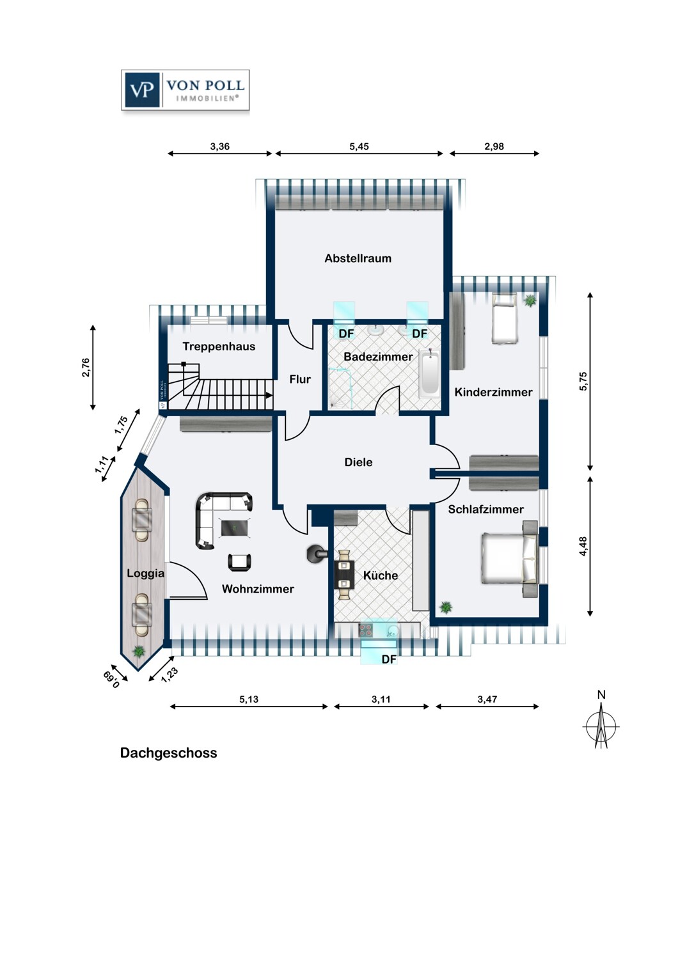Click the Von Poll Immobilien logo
[x=185, y=90]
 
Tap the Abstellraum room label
[x=358, y=258]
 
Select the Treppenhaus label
[x=219, y=347]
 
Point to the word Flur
[x=300, y=379]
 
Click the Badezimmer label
[x=378, y=357]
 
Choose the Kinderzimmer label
[x=493, y=392]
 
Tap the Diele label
[x=358, y=462]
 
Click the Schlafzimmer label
[x=485, y=510]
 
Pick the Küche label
[x=381, y=575]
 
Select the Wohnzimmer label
[x=258, y=589]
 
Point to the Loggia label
[x=146, y=573]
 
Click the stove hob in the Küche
[x=365, y=630]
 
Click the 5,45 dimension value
[x=359, y=146]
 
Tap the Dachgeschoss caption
[x=169, y=753]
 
